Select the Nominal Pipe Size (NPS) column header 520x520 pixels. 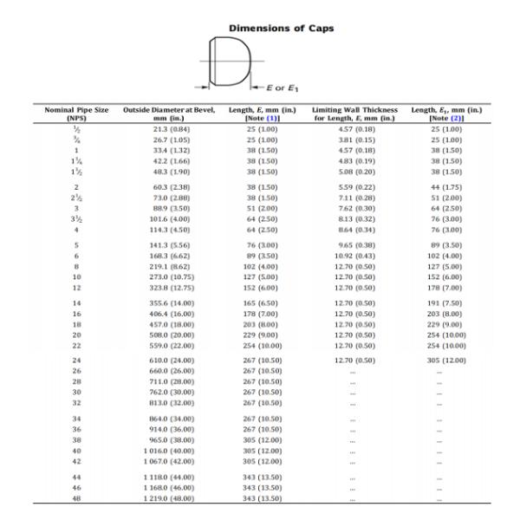tap(77, 114)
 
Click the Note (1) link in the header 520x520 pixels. tap(282, 119)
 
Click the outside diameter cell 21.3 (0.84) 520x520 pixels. tap(171, 128)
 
